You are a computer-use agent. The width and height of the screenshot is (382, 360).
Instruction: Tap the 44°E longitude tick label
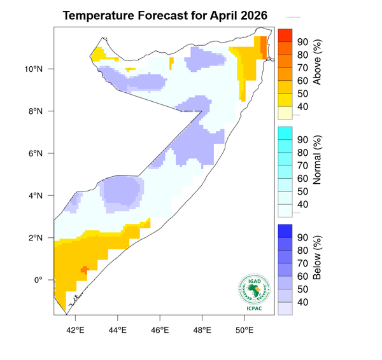117,329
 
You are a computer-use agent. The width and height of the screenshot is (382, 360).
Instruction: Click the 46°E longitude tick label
160,329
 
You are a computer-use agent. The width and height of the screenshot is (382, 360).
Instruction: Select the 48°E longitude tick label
202,329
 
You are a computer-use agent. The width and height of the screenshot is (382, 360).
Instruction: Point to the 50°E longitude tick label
244,329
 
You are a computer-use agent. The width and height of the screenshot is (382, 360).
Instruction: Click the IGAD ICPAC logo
253,293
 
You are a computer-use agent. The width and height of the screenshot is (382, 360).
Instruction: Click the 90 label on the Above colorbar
303,42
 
